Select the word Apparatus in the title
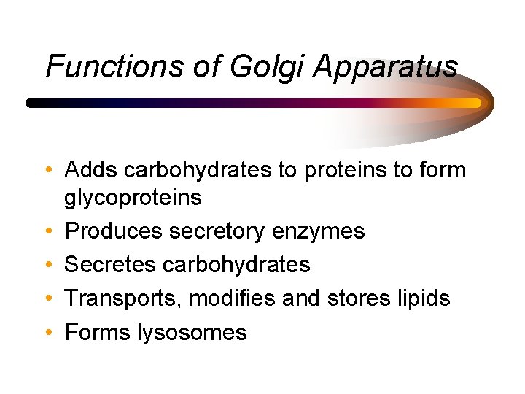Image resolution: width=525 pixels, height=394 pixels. point(386,66)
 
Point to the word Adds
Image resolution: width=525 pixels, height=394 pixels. point(92,170)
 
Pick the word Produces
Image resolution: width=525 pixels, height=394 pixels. point(113,231)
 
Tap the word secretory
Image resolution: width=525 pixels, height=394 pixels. point(217,231)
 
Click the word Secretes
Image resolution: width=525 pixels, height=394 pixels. point(109,264)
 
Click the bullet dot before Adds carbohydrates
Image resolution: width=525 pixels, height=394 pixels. point(47,171)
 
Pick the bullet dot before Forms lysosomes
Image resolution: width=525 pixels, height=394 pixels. point(47,333)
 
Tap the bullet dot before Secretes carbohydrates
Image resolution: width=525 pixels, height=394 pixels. point(47,265)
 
